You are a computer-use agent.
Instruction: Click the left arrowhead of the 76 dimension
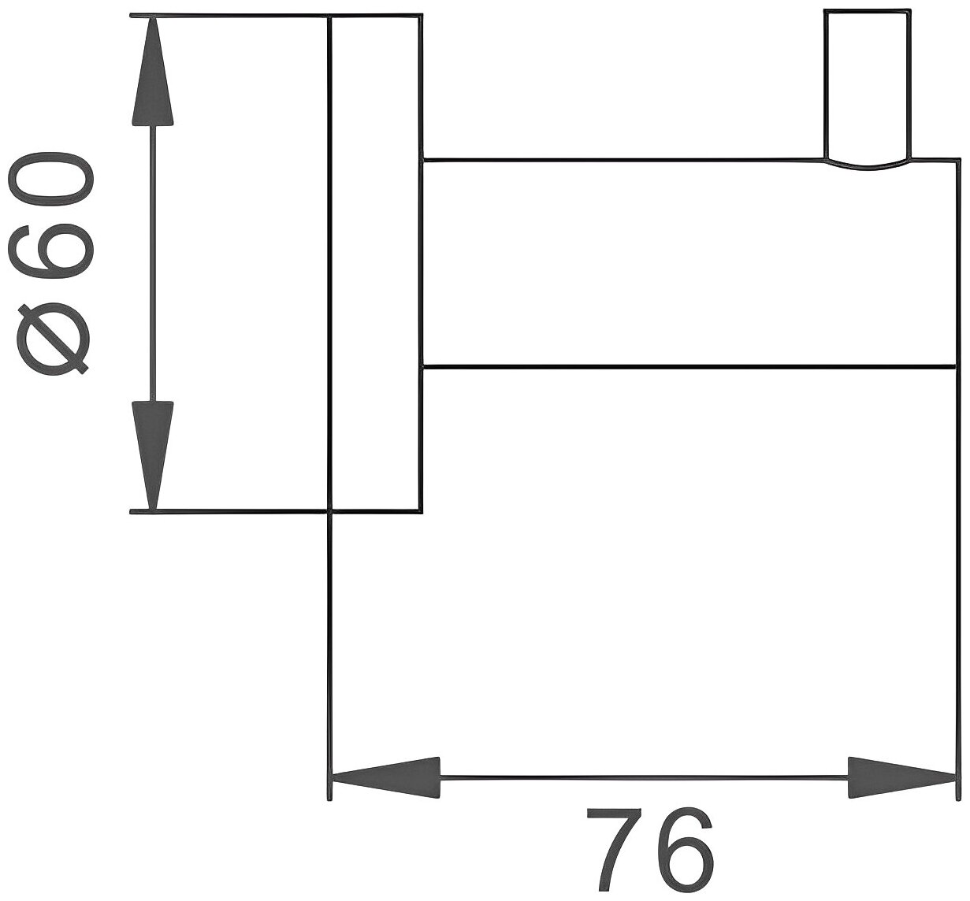385,779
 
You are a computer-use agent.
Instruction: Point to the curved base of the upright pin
866,165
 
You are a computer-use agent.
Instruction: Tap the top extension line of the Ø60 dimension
229,15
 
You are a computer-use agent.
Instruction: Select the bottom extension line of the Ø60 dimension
229,512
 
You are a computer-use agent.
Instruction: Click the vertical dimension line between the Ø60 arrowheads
152,264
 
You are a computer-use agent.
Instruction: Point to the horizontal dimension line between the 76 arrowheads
642,778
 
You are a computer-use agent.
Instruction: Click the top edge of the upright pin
866,11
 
